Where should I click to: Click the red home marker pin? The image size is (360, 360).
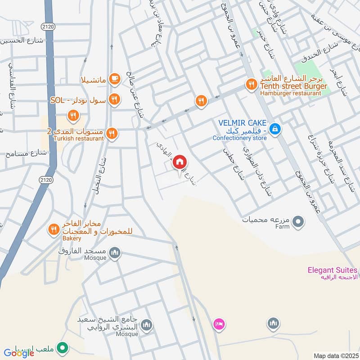click(x=180, y=161)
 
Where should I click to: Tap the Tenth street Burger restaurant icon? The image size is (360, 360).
click(x=251, y=84)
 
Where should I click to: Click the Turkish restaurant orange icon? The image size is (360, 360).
click(x=112, y=133)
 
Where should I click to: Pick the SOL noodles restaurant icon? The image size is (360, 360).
click(x=115, y=99)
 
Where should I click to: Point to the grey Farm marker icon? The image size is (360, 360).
click(x=297, y=221)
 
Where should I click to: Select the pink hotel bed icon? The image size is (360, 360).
click(x=219, y=324)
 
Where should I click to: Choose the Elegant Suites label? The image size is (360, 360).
click(x=333, y=270)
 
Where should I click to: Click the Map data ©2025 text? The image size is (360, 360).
click(x=335, y=355)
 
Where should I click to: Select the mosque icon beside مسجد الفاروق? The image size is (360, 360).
click(x=115, y=252)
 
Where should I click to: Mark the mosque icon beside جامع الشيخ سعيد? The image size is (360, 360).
click(x=146, y=325)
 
